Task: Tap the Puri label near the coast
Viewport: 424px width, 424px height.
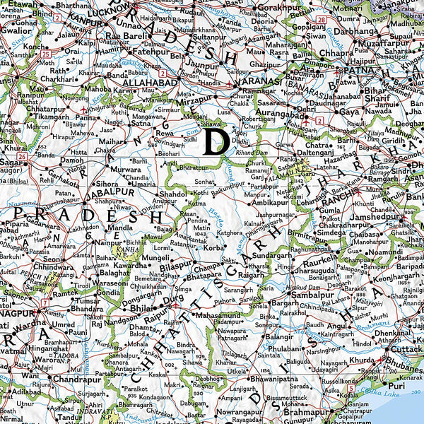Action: click(x=396, y=385)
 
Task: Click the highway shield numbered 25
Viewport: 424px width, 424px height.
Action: click(x=46, y=54)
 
